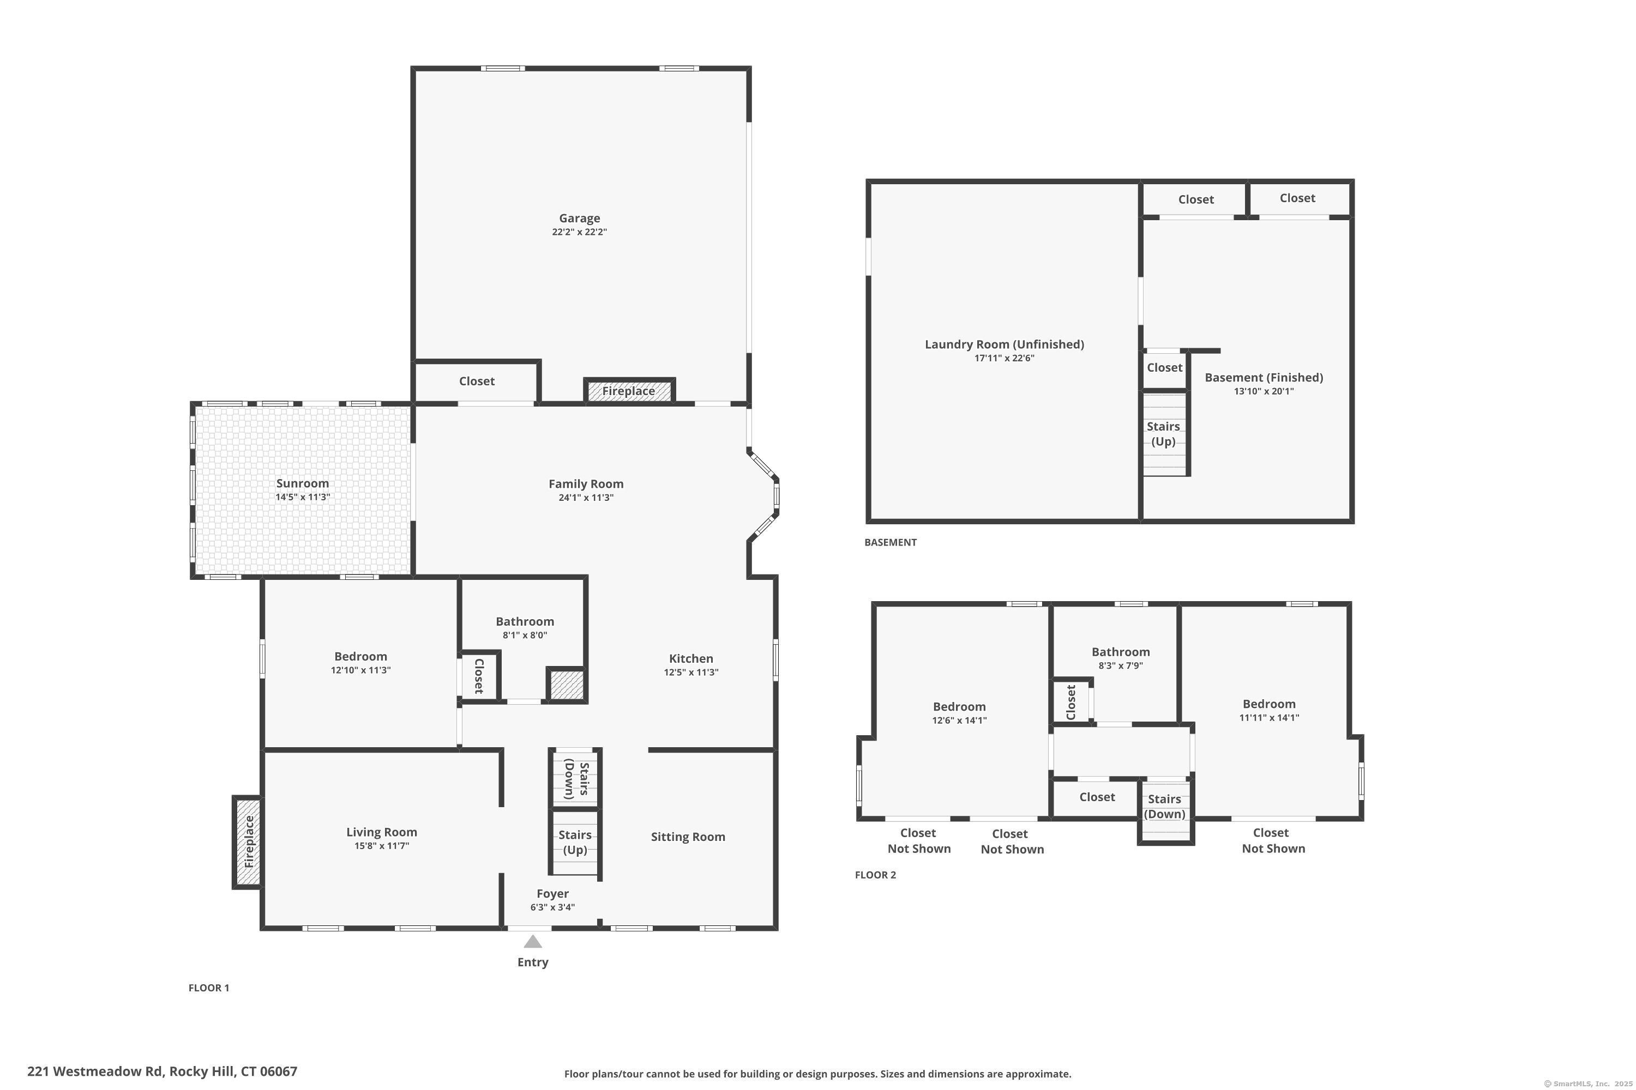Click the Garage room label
[579, 219]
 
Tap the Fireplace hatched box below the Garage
[629, 391]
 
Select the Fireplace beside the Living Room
[248, 842]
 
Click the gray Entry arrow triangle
[533, 942]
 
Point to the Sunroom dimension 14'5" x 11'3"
[303, 497]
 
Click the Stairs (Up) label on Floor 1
[575, 842]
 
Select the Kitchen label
[691, 658]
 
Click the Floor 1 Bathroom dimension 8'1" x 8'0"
[525, 635]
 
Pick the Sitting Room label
[688, 837]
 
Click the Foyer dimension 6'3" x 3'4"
[552, 907]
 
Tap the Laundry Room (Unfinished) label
[1004, 344]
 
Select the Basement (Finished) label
[1263, 378]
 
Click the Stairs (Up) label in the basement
[1163, 434]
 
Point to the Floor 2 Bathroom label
[1120, 652]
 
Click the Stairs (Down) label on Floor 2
[1164, 807]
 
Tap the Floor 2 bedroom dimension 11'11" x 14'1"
[1269, 717]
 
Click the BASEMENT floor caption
[891, 542]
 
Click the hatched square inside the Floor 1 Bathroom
[566, 685]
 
